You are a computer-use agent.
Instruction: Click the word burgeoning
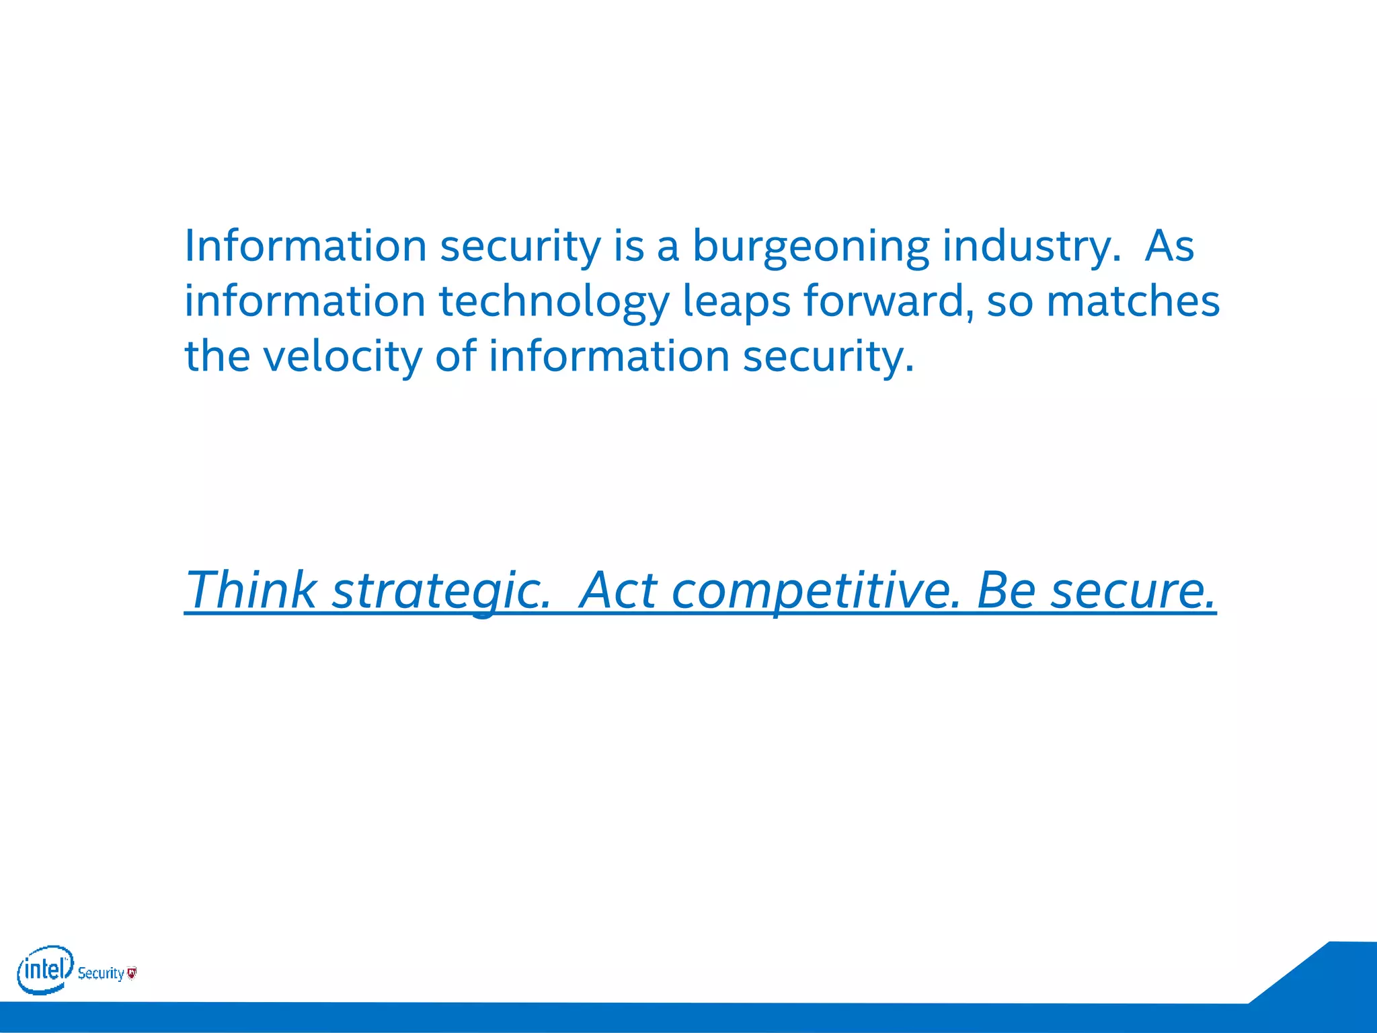click(x=811, y=246)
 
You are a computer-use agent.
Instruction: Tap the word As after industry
click(x=1169, y=246)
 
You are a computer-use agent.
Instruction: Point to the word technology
click(x=554, y=301)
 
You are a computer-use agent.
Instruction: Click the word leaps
click(x=736, y=301)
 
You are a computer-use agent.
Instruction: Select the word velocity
click(x=342, y=356)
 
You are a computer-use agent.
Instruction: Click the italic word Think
click(x=250, y=590)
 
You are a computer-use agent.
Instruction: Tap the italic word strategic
click(x=440, y=591)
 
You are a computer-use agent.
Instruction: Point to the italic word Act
click(x=618, y=590)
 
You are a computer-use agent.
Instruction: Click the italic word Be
click(x=1005, y=590)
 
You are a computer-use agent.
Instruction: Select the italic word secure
click(x=1134, y=591)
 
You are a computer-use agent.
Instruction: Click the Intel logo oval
click(x=44, y=969)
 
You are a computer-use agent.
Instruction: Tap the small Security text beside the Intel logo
click(x=101, y=973)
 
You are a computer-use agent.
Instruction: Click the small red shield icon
click(x=132, y=972)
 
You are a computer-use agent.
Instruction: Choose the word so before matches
click(x=1010, y=301)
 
